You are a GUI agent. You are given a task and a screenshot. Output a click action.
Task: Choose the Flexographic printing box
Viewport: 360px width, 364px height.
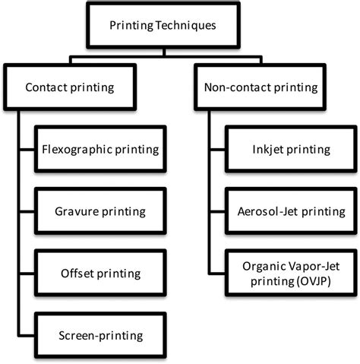(100, 149)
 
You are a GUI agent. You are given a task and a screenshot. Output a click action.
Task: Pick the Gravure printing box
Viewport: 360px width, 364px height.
(100, 210)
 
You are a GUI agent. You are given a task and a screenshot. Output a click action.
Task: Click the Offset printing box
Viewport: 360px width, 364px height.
(100, 272)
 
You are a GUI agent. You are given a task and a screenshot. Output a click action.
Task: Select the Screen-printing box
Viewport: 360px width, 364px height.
(100, 334)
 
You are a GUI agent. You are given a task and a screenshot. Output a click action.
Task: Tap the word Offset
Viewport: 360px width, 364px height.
(76, 272)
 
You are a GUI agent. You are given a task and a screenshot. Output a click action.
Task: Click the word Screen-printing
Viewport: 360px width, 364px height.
(100, 334)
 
